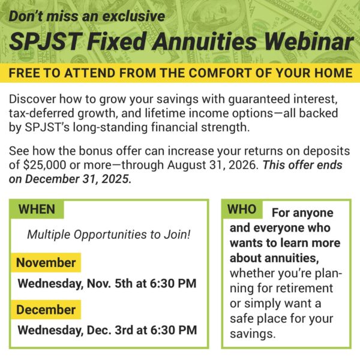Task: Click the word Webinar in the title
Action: (x=304, y=43)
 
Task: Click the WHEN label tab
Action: (x=37, y=209)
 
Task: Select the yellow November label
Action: (x=46, y=262)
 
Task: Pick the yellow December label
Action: (x=46, y=310)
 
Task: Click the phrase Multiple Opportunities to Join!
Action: (x=109, y=235)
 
